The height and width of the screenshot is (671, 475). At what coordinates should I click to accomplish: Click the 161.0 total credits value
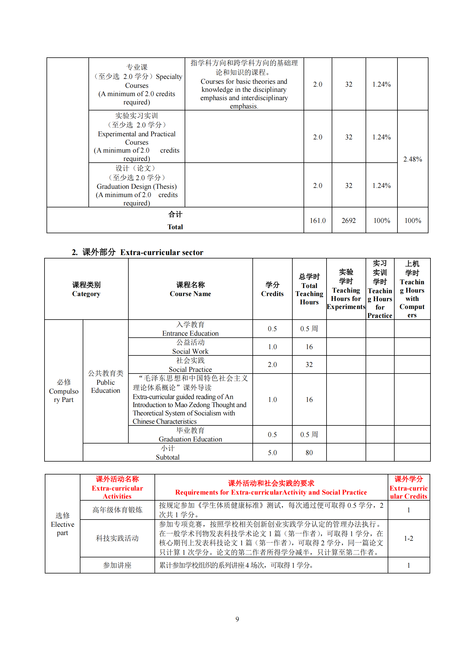point(317,221)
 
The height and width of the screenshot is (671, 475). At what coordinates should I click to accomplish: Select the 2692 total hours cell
point(348,221)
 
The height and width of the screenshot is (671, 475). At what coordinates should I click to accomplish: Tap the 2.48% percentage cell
point(412,159)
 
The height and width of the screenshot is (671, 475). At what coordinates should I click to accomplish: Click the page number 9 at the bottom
point(237,619)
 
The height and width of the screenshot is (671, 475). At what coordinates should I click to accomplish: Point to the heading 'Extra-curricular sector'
point(161,252)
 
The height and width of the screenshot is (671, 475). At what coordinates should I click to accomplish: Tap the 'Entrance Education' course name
point(190,333)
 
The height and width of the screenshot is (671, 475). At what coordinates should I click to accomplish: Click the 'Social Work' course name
point(190,351)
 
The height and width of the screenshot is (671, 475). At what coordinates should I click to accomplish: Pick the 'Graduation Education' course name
point(190,439)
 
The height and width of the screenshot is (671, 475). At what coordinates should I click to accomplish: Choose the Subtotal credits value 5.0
point(272,453)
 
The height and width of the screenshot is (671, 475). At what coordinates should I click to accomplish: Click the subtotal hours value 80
point(309,453)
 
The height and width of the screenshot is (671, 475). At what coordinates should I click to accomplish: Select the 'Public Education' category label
point(106,386)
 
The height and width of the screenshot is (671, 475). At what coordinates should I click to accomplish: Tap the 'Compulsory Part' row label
point(64,395)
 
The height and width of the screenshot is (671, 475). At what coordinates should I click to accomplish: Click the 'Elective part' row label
point(63,528)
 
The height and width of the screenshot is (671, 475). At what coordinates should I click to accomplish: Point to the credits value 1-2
point(408,538)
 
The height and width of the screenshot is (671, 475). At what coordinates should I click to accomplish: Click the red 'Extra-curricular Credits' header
point(408,492)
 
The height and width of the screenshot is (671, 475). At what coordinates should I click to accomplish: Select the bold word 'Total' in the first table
point(175,227)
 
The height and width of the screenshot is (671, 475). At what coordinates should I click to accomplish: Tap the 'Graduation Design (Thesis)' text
point(137,186)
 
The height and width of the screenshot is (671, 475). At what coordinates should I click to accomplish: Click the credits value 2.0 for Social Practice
point(272,365)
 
